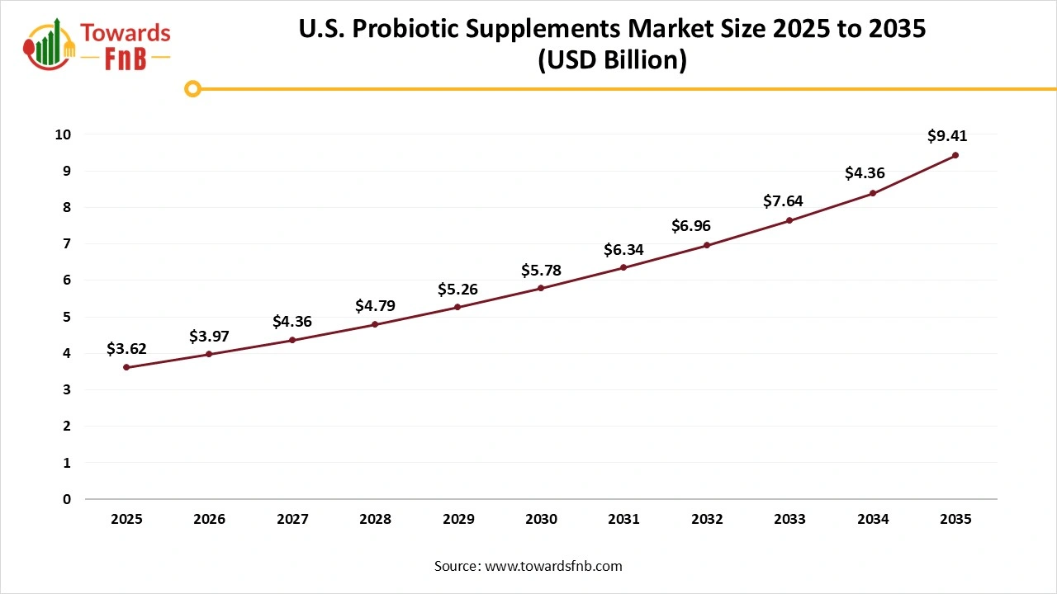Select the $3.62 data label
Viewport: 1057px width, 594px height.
pos(126,349)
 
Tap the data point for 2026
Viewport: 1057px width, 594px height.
pos(209,354)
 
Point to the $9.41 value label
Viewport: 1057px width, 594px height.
pos(946,136)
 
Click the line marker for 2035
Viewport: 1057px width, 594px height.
pos(955,155)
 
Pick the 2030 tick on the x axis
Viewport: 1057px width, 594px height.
pos(541,520)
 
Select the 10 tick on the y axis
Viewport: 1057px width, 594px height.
pos(64,134)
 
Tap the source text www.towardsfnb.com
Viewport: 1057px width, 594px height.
pos(552,566)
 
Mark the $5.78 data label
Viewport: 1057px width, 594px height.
pos(541,270)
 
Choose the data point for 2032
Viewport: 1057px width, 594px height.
pos(707,245)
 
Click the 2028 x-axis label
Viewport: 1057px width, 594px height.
pos(375,520)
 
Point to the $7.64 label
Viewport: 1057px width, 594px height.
pos(782,200)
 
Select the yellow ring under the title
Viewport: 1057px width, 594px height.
pos(192,88)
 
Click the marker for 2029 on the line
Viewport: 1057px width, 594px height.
pos(457,307)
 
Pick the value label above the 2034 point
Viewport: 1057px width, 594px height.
pos(865,173)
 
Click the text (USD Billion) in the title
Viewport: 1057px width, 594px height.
pos(612,61)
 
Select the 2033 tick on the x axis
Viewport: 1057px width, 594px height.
pos(790,520)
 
